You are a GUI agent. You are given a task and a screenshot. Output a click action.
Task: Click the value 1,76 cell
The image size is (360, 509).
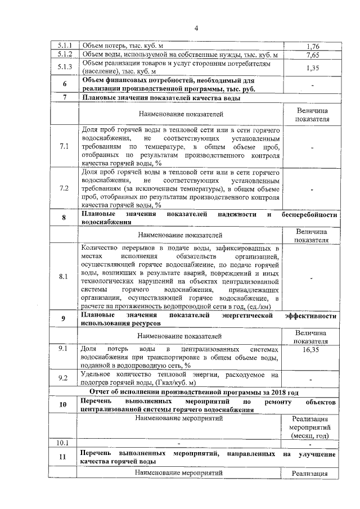point(313,46)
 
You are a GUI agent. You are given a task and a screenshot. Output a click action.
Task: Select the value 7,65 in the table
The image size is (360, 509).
point(313,55)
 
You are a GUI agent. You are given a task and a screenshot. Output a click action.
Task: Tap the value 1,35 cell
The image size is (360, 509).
point(313,68)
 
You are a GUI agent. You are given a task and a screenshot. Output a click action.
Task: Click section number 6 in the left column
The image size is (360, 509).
point(64,84)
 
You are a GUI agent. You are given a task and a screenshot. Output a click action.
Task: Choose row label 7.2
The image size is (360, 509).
point(64,188)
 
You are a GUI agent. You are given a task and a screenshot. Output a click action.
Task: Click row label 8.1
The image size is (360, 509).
point(64,277)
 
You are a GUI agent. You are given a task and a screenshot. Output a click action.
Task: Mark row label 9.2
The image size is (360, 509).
point(64,378)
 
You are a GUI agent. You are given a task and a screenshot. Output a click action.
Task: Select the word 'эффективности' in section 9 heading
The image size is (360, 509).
point(312,316)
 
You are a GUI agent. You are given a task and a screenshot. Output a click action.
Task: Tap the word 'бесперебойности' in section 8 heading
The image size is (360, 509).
point(310,215)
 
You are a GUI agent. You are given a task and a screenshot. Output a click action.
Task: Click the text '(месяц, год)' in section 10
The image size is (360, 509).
point(312,435)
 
